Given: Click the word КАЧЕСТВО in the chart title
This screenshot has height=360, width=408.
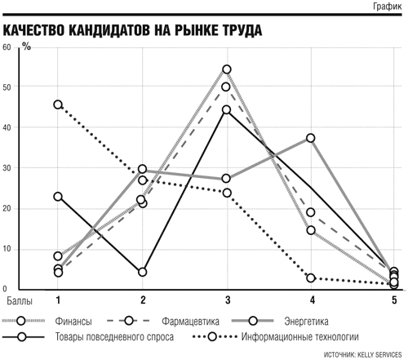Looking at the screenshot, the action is pyautogui.click(x=34, y=30).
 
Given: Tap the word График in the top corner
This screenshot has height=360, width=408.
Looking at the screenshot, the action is pyautogui.click(x=388, y=6).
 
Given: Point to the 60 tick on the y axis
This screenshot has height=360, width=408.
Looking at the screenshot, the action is pyautogui.click(x=7, y=47).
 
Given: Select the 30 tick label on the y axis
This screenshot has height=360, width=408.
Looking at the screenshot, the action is pyautogui.click(x=7, y=168).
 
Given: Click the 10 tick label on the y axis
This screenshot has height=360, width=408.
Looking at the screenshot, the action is pyautogui.click(x=7, y=249).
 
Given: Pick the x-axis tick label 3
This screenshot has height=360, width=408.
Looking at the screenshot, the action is pyautogui.click(x=228, y=300).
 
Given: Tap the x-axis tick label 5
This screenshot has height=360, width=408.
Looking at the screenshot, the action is pyautogui.click(x=394, y=300).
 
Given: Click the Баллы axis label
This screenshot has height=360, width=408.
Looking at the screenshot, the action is pyautogui.click(x=20, y=300).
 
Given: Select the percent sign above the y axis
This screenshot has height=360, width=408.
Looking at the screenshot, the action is pyautogui.click(x=27, y=47).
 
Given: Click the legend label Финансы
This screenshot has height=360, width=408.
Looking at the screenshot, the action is pyautogui.click(x=73, y=322).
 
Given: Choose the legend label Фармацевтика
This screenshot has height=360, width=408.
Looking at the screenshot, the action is pyautogui.click(x=190, y=322).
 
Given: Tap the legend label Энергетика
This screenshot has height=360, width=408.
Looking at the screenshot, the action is pyautogui.click(x=306, y=322).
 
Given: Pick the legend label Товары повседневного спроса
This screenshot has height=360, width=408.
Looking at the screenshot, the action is pyautogui.click(x=114, y=337).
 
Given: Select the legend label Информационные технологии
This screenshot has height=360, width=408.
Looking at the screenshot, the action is pyautogui.click(x=300, y=337).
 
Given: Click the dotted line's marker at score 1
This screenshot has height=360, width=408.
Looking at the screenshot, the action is pyautogui.click(x=58, y=104).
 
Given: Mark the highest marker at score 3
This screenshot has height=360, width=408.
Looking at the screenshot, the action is pyautogui.click(x=227, y=69).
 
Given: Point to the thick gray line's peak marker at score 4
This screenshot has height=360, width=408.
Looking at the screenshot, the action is pyautogui.click(x=311, y=138).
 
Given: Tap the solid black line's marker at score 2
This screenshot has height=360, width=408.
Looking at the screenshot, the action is pyautogui.click(x=142, y=272).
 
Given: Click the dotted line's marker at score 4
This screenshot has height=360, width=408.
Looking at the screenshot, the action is pyautogui.click(x=311, y=278).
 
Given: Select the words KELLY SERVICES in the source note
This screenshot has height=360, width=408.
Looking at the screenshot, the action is pyautogui.click(x=379, y=354).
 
